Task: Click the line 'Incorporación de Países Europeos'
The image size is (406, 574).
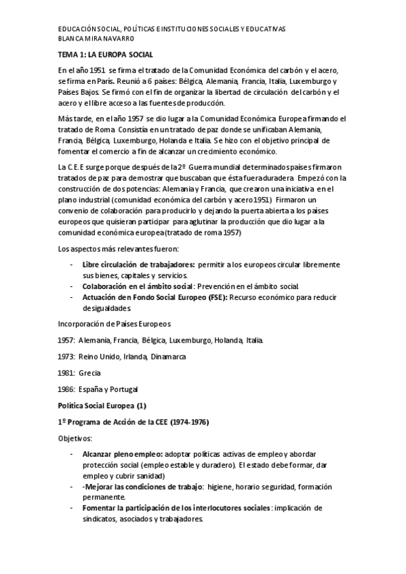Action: pyautogui.click(x=113, y=324)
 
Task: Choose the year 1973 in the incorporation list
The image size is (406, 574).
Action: pyautogui.click(x=66, y=356)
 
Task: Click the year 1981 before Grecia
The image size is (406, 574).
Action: pyautogui.click(x=66, y=373)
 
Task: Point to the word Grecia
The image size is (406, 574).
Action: pyautogui.click(x=90, y=373)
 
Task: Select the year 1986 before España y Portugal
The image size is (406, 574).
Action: pyautogui.click(x=66, y=389)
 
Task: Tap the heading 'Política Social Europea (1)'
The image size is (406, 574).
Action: pyautogui.click(x=102, y=405)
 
